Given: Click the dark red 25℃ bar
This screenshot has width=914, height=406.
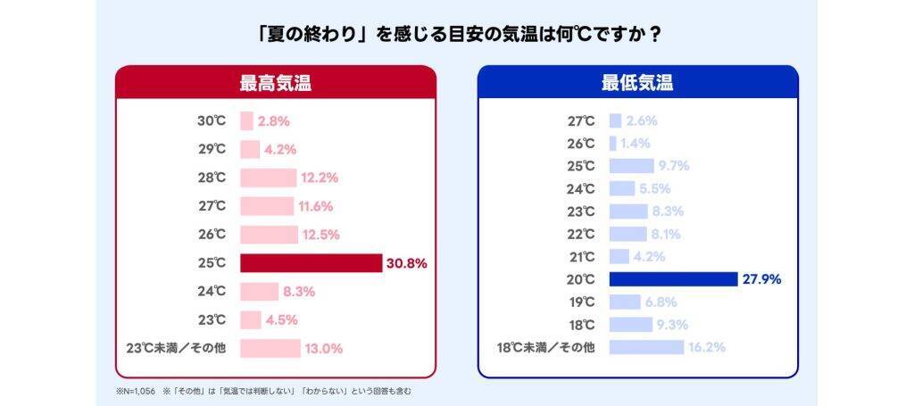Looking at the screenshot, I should coord(311,263).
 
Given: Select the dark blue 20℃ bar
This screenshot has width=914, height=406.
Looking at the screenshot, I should coord(673,279).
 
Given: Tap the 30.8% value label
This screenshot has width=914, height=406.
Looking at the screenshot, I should coord(406,263).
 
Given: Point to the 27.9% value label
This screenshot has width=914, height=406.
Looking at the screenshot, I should coord(761,279).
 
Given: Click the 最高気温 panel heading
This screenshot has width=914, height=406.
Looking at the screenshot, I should coord(275,84).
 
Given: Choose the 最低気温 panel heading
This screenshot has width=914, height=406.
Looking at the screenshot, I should coord(637,84).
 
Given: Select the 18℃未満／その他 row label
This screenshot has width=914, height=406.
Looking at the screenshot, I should coord(545,347).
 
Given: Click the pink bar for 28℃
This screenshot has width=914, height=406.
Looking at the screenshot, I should coord(268,178).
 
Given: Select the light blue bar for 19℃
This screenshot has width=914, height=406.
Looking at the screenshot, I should coord(629,302).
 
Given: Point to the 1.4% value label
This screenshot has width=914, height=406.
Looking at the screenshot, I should coord(636,143).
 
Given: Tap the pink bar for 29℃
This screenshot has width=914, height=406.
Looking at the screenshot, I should coord(250,149).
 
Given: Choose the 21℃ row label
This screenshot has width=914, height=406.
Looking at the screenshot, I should coord(581,257).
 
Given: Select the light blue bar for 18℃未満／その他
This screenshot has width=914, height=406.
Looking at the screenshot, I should coord(646,347).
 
